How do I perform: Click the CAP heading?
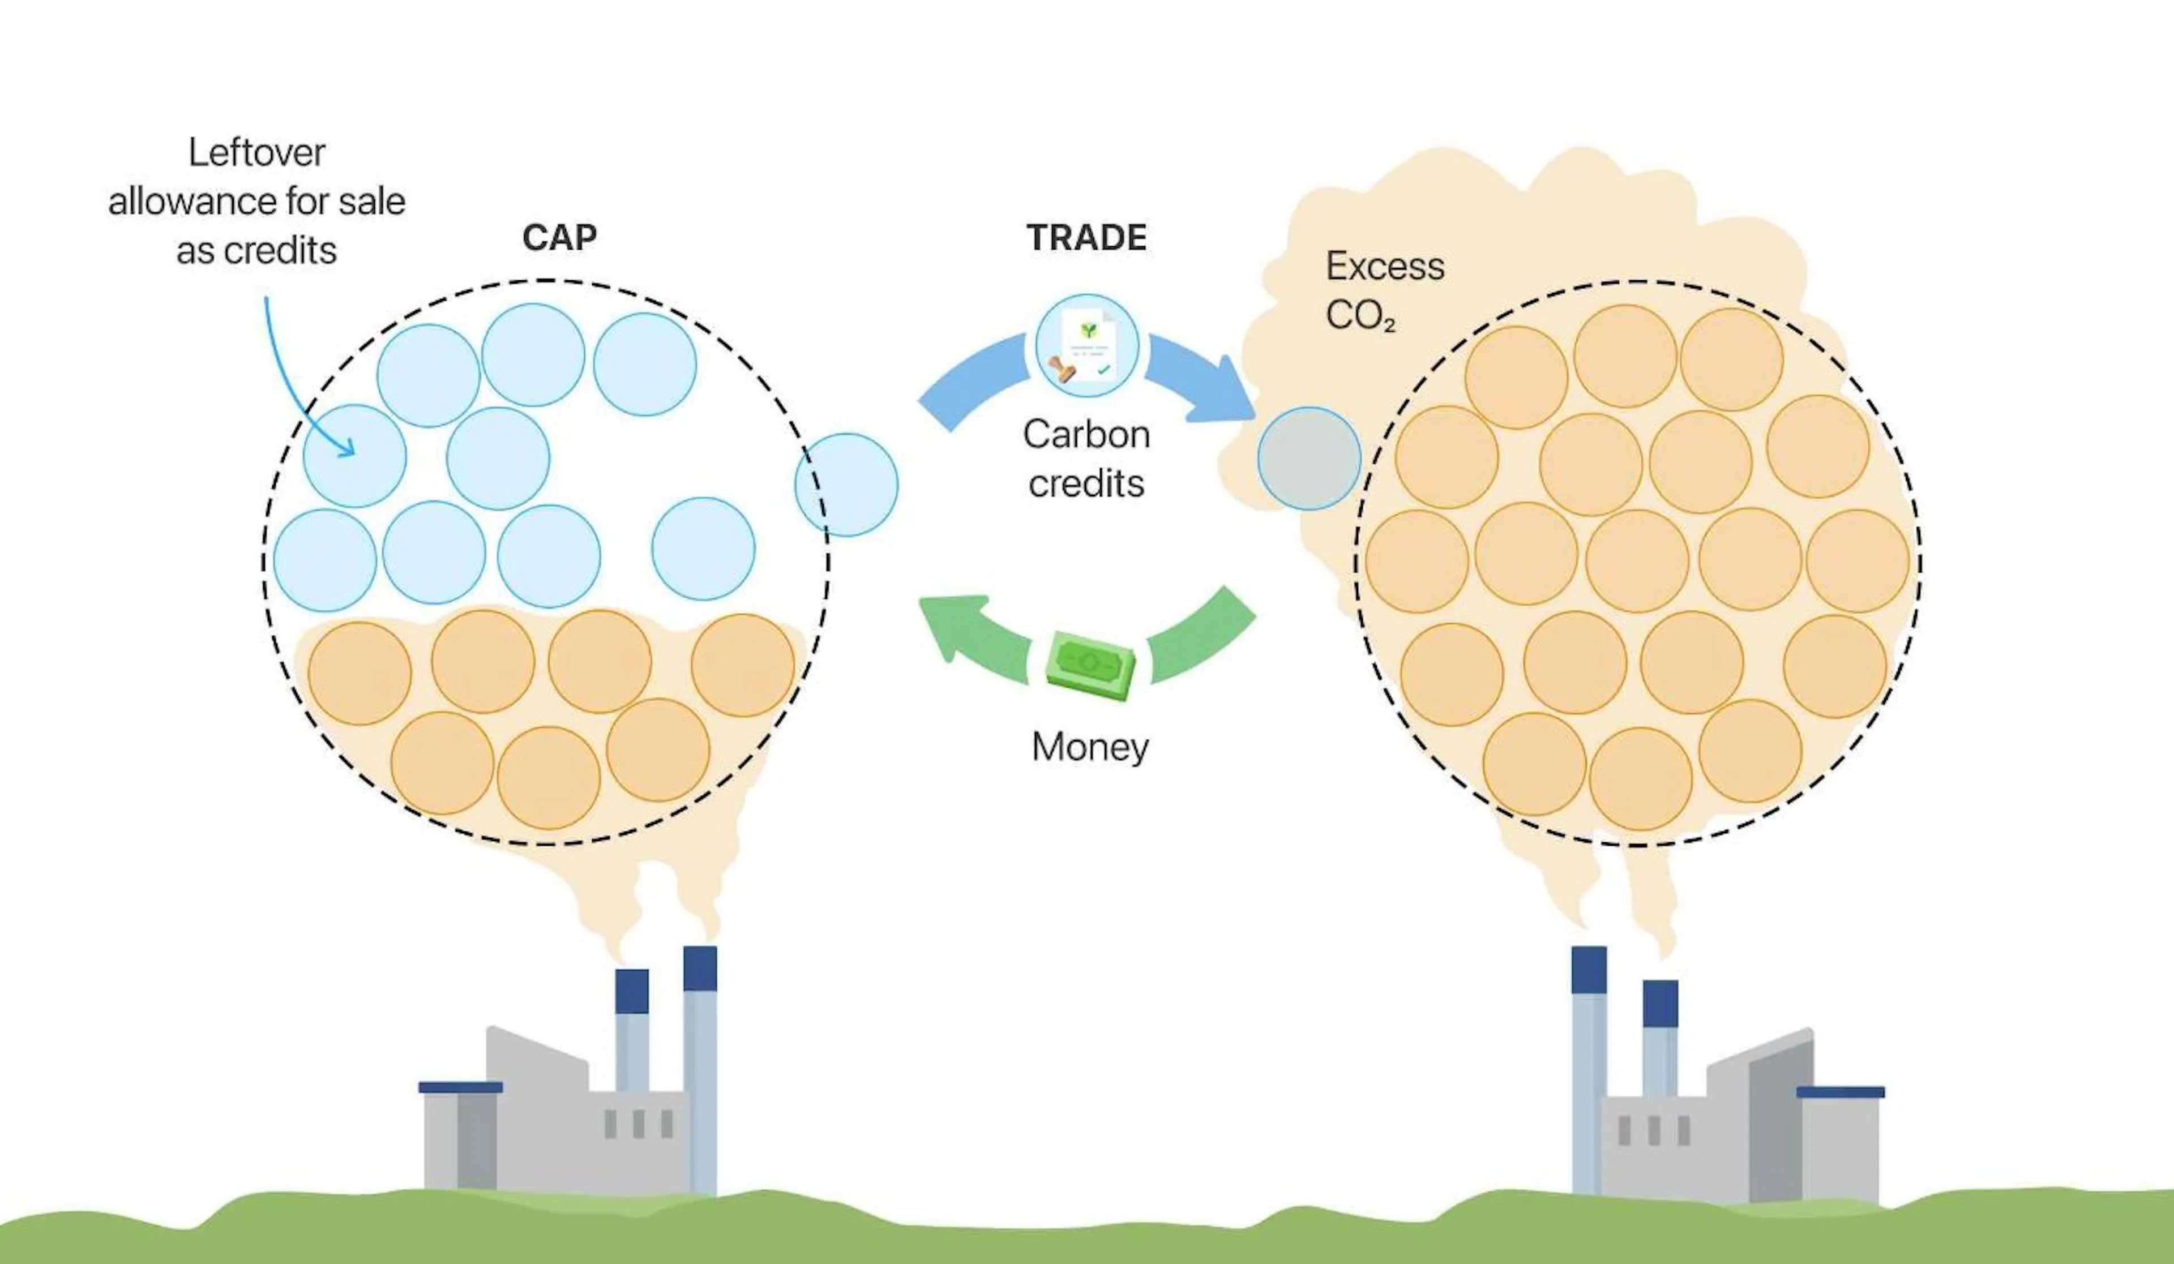pyautogui.click(x=559, y=237)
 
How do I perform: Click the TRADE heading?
pyautogui.click(x=1086, y=237)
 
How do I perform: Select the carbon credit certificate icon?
pyautogui.click(x=1087, y=346)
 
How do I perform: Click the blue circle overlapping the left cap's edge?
pyautogui.click(x=846, y=485)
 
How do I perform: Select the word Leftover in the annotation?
pyautogui.click(x=256, y=153)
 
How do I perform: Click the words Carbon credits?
pyautogui.click(x=1086, y=458)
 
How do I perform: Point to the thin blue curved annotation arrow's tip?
pyautogui.click(x=349, y=451)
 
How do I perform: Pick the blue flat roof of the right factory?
pyautogui.click(x=1840, y=1092)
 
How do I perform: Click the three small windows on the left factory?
pyautogui.click(x=639, y=1124)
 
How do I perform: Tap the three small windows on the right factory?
pyautogui.click(x=1653, y=1130)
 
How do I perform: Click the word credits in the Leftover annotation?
pyautogui.click(x=280, y=251)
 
